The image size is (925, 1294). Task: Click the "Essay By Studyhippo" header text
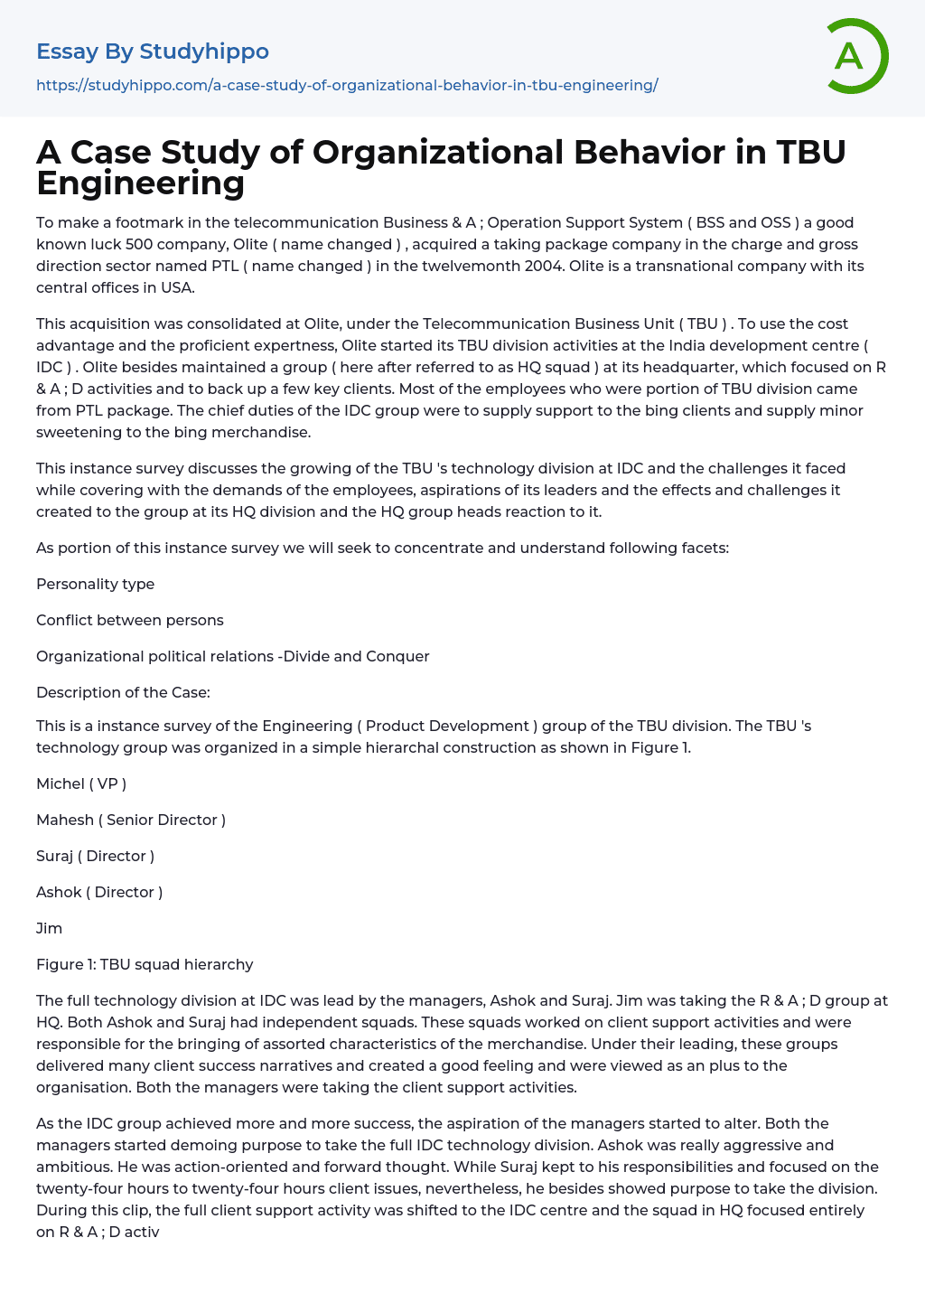(x=153, y=52)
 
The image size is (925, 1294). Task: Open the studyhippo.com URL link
(x=347, y=85)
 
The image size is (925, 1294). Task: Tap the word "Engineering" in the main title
(x=141, y=183)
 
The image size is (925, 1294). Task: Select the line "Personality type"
(x=95, y=584)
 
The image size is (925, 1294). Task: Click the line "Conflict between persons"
(x=129, y=620)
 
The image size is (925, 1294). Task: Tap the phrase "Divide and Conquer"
(x=357, y=656)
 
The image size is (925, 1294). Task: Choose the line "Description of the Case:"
(x=123, y=692)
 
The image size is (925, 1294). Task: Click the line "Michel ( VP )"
(x=81, y=783)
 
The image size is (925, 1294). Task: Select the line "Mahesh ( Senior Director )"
(x=131, y=820)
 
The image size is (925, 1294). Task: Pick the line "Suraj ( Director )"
(x=95, y=856)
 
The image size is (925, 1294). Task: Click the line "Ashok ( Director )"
(x=99, y=892)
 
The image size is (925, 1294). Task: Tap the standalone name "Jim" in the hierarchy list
(x=49, y=928)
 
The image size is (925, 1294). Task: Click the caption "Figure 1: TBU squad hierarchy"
(x=145, y=964)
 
